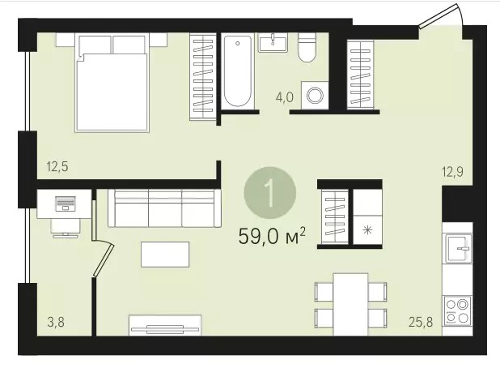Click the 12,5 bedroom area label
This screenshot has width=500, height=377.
(57, 167)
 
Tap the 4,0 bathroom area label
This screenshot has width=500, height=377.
(285, 97)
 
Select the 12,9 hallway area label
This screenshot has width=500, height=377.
(452, 173)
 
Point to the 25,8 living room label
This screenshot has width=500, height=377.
(421, 323)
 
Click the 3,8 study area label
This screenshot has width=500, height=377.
(56, 323)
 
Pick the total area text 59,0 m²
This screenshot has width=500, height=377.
(272, 237)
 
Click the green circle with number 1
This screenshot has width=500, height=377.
(270, 193)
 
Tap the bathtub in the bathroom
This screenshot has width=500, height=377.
(238, 71)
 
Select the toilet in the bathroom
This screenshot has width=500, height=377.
(307, 47)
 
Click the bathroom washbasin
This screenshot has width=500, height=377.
(273, 42)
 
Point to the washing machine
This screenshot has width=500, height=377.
(315, 95)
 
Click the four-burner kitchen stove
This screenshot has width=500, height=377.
(458, 311)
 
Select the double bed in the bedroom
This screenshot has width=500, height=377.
(112, 83)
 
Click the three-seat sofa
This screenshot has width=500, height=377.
(164, 208)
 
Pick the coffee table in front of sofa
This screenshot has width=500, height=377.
(165, 255)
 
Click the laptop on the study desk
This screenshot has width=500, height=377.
(66, 203)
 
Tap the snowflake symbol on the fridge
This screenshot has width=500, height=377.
(367, 230)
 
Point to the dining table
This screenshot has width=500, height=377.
(350, 304)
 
